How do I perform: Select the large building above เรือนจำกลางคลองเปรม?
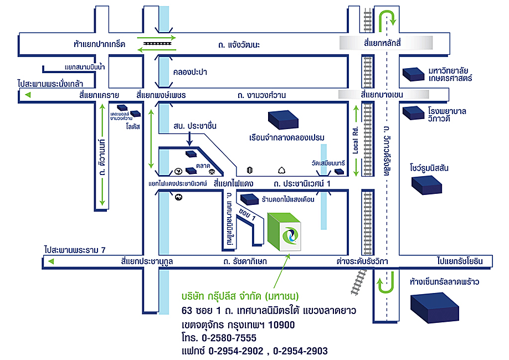coord(282,119)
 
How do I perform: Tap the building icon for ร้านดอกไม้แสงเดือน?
coord(249,198)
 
